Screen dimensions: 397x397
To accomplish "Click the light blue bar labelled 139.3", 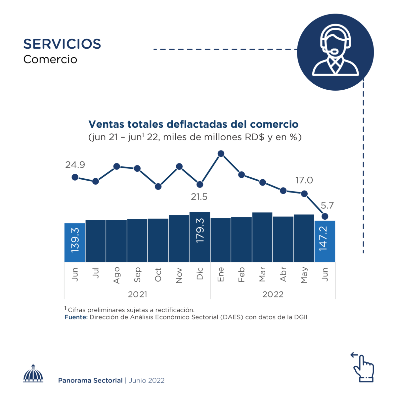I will [75, 243].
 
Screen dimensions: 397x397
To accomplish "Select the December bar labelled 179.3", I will [200, 237].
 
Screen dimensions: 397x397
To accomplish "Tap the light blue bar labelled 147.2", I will [325, 241].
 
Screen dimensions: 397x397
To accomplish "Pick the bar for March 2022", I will [262, 237].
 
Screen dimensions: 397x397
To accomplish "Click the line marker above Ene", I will [221, 154].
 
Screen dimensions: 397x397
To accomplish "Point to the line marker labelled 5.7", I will [325, 216].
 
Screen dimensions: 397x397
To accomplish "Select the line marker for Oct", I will [158, 187].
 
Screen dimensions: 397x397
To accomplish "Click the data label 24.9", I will [75, 165].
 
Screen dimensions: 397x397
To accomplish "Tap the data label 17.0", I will [304, 180].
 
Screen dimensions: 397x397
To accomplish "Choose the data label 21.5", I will [199, 197].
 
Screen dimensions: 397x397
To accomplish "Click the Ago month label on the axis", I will [116, 275].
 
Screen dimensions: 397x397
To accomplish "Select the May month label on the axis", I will [304, 275].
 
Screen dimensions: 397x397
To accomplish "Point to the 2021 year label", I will [137, 294].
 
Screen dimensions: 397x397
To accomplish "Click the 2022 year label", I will [273, 294].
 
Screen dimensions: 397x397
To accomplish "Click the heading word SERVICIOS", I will [62, 44].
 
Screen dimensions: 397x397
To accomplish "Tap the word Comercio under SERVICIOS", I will [50, 60].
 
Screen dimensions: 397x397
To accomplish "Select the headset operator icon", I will [335, 52].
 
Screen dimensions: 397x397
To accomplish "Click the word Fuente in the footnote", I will [76, 317].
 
